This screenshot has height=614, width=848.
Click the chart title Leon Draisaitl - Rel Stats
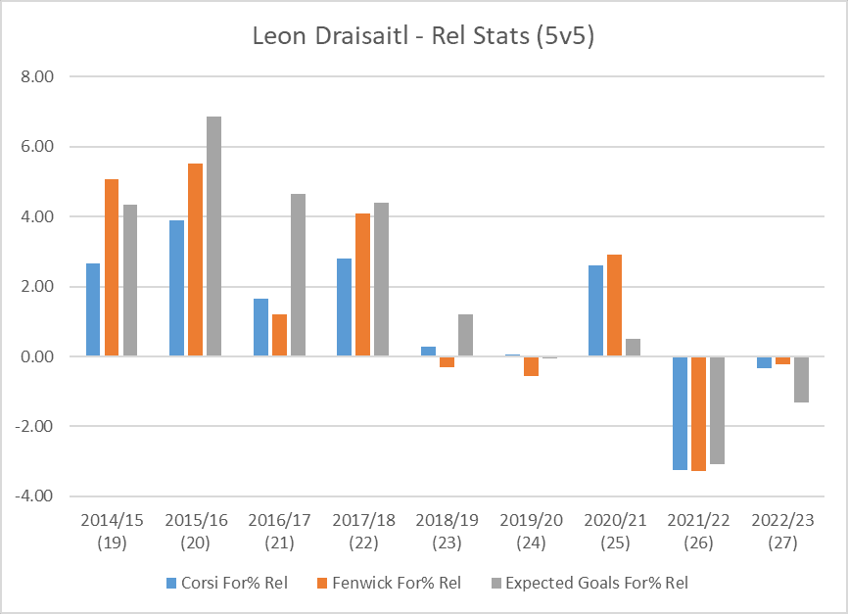pos(424,36)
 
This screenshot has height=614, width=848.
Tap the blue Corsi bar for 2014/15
pos(93,309)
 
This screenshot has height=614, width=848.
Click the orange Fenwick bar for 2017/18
pos(363,285)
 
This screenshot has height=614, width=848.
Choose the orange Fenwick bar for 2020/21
pos(614,306)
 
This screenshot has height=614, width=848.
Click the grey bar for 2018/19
pos(465,335)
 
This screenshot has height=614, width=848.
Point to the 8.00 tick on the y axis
pos(35,76)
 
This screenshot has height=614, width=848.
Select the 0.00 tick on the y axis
pos(35,356)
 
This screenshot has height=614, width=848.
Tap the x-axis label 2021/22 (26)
pos(698,530)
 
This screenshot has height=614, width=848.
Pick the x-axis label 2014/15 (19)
pos(113,530)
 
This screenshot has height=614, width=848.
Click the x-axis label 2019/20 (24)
pos(531,530)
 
